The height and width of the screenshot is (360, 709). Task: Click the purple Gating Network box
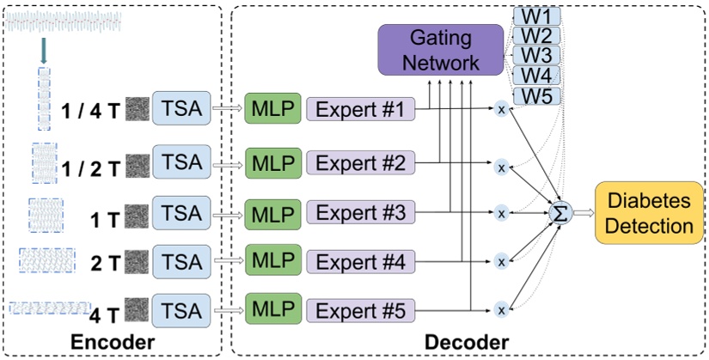(440, 50)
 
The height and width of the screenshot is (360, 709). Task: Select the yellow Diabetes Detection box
(650, 212)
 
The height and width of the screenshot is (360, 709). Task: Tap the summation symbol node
(559, 212)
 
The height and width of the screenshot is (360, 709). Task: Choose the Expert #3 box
(361, 211)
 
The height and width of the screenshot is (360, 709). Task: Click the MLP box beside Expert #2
(271, 162)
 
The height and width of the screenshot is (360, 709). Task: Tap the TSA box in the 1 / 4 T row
(181, 110)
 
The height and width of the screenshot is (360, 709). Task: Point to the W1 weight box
(536, 15)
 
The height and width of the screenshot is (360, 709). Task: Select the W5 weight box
(536, 95)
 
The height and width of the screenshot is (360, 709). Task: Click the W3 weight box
(536, 56)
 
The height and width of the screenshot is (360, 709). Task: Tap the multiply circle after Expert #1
(500, 109)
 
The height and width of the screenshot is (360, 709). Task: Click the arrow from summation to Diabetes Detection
(581, 212)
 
